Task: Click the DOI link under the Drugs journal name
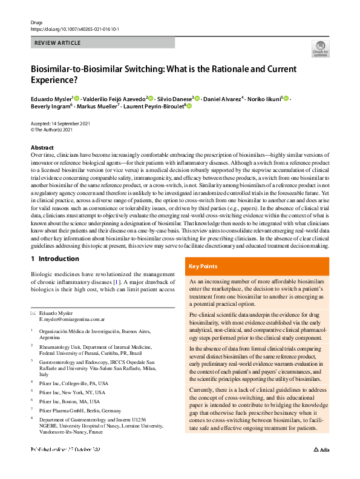[x=70, y=27]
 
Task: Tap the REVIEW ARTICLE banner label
[x=58, y=43]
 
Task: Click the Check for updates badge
[x=320, y=50]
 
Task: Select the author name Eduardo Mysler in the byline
[x=51, y=98]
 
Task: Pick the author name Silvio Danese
[x=175, y=98]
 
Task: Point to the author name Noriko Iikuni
[x=265, y=98]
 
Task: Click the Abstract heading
[x=42, y=148]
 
